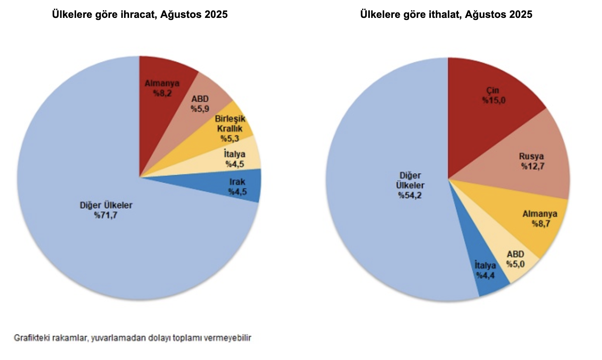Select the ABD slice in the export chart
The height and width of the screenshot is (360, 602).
click(x=202, y=105)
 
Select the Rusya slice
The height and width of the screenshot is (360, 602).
click(x=533, y=159)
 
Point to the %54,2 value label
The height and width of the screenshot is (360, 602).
click(x=410, y=195)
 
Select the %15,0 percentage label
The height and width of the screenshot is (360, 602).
click(x=493, y=100)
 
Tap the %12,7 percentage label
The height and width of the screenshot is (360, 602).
click(x=532, y=166)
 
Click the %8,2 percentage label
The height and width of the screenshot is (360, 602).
click(x=162, y=93)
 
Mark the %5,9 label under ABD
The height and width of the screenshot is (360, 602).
click(x=200, y=109)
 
